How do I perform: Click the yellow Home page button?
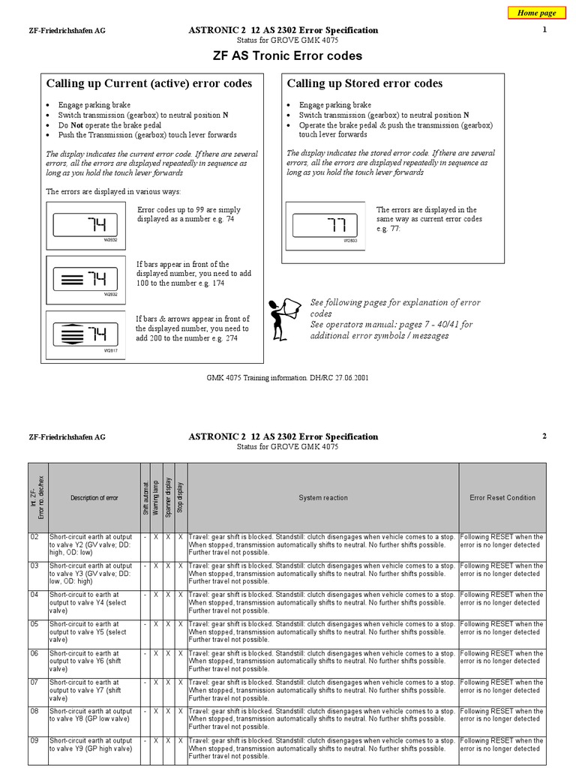[537, 13]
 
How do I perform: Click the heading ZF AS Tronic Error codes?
[288, 55]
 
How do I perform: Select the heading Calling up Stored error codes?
[364, 83]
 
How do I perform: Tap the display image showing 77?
[325, 225]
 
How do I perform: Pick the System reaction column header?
[322, 497]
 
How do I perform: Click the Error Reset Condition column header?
[502, 497]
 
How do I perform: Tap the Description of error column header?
[94, 497]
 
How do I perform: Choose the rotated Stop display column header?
[180, 497]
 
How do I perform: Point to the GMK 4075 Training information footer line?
[287, 378]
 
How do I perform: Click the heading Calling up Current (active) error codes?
[149, 83]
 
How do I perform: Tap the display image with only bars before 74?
[81, 280]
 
